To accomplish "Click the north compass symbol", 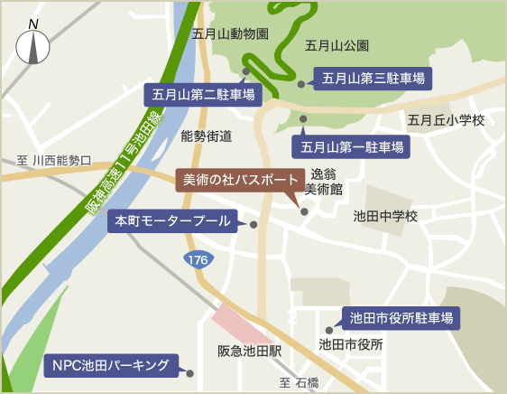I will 33,45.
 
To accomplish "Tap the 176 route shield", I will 198,260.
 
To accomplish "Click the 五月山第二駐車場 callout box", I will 202,93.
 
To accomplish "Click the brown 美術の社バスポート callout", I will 235,179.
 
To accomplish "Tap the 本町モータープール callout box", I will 171,220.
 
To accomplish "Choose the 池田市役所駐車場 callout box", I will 401,317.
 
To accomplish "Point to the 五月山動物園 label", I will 231,33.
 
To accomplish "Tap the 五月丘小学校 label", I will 447,120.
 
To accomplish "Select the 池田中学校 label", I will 385,216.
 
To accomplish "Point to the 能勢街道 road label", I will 207,136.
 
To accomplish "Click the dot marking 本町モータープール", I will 253,224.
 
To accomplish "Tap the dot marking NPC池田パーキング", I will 190,371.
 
